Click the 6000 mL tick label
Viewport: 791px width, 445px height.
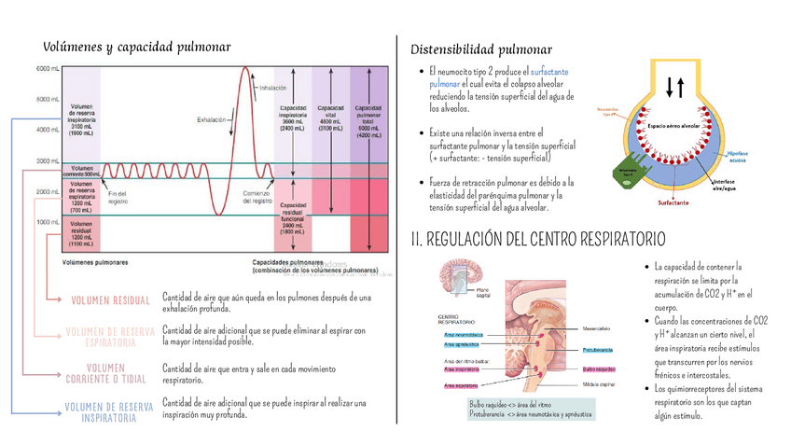point(49,69)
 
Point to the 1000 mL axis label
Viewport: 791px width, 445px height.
point(49,222)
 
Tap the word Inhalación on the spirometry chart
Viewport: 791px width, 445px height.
point(272,88)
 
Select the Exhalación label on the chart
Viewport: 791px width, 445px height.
point(213,119)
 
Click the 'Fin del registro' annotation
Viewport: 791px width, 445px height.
point(118,197)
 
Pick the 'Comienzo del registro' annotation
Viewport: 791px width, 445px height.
point(257,197)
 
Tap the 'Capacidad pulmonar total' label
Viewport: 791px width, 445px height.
point(368,121)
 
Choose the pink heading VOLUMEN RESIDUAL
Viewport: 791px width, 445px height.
point(110,300)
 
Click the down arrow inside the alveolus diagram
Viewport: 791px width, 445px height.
point(668,87)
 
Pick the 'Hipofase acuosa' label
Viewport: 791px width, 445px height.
point(738,156)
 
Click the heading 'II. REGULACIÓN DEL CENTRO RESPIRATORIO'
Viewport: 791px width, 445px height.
point(538,240)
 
